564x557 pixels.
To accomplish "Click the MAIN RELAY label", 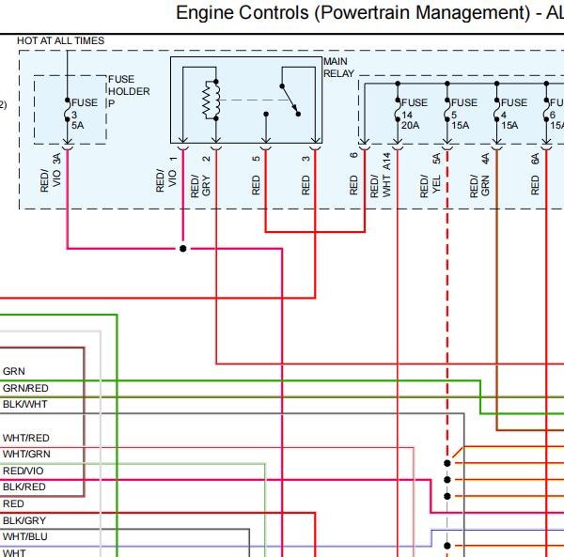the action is (x=338, y=68).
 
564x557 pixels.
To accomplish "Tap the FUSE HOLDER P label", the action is (x=129, y=91).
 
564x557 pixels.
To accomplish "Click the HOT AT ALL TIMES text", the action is (x=60, y=40).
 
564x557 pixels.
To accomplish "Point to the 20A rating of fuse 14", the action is (x=410, y=126).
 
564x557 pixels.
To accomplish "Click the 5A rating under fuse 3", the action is (x=77, y=126).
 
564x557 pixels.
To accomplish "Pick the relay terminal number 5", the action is (x=256, y=159).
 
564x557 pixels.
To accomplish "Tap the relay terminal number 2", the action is (x=206, y=159).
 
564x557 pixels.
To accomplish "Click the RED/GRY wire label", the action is (x=200, y=186).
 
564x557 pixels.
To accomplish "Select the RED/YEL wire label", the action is (x=431, y=186).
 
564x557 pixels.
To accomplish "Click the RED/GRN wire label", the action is (x=479, y=186).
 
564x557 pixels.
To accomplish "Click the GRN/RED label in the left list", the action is (x=25, y=388).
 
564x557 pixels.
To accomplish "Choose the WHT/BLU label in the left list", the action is (x=25, y=536).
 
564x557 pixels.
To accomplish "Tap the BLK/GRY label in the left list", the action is (x=24, y=520).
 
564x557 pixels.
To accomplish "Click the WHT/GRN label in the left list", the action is (x=26, y=454).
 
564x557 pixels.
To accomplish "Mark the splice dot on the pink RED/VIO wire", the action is (x=182, y=248).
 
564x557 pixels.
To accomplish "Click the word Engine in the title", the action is (x=205, y=13).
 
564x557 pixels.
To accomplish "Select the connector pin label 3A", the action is (x=56, y=159).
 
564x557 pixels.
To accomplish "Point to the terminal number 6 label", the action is (x=354, y=155).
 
